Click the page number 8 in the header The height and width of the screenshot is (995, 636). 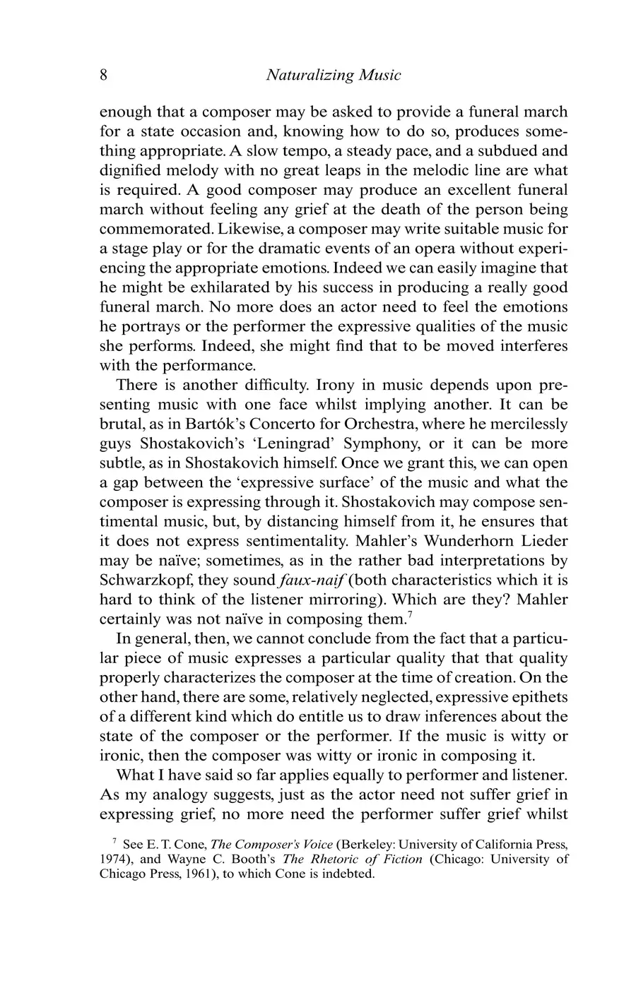point(103,75)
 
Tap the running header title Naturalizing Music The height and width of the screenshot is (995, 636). point(333,75)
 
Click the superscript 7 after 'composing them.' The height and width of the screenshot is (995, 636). point(407,614)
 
